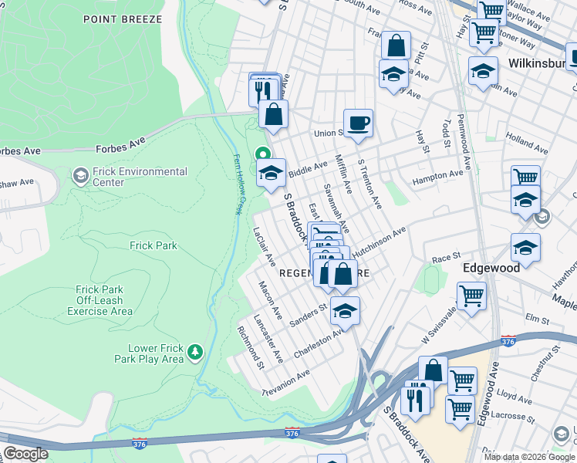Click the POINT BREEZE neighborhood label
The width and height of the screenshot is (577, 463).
[x=123, y=19]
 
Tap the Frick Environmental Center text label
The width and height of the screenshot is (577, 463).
[x=140, y=177]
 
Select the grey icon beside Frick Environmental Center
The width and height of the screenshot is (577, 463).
[x=80, y=177]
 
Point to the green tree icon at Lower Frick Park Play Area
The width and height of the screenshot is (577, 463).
[x=196, y=353]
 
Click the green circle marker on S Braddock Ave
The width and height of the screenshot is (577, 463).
[x=262, y=154]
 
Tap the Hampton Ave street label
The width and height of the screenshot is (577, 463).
[x=438, y=177]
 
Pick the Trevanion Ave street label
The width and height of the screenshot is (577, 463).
[x=285, y=382]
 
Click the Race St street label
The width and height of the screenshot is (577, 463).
[x=446, y=258]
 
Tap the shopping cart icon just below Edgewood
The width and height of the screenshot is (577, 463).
[x=471, y=295]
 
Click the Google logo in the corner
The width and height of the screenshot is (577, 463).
[x=25, y=454]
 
